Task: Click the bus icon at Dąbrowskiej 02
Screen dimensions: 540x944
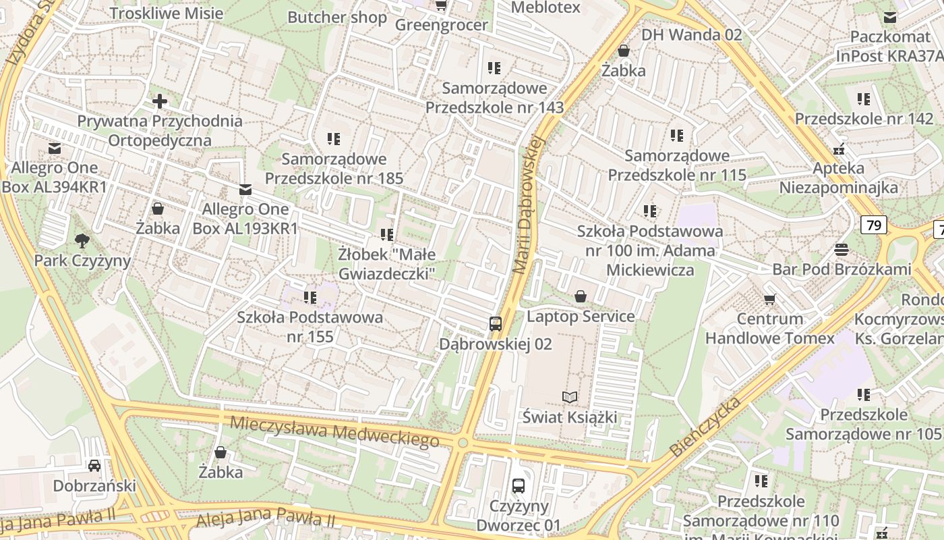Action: click(496, 324)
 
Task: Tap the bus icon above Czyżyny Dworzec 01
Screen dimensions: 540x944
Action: click(518, 486)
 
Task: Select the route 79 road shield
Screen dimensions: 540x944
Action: click(873, 225)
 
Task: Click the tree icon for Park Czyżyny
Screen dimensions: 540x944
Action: click(82, 240)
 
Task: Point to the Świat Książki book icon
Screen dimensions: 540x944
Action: click(570, 398)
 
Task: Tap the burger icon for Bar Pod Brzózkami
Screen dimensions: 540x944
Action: click(841, 250)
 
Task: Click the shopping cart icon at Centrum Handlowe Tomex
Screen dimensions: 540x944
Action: click(769, 299)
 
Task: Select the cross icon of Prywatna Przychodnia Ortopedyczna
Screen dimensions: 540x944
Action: click(160, 102)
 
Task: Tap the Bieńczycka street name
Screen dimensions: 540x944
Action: click(705, 427)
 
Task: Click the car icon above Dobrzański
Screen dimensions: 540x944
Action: click(94, 466)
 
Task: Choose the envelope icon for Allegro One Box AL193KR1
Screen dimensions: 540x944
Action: click(245, 190)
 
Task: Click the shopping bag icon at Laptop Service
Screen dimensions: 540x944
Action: click(580, 296)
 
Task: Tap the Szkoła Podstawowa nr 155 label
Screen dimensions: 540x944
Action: click(309, 326)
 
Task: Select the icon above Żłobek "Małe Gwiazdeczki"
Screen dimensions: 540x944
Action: click(387, 235)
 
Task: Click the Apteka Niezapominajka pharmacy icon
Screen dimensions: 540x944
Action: click(839, 149)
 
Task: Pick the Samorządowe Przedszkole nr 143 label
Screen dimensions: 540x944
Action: click(494, 98)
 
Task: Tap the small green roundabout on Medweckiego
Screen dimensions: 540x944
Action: click(463, 443)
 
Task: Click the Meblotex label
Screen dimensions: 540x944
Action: click(545, 7)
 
